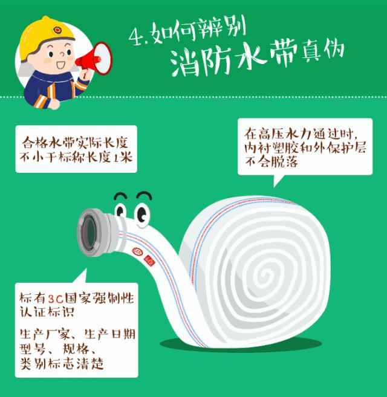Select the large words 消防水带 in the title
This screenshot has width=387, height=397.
(230, 59)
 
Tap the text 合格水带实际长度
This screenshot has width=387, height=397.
(76, 143)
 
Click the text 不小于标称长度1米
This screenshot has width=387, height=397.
(76, 157)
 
